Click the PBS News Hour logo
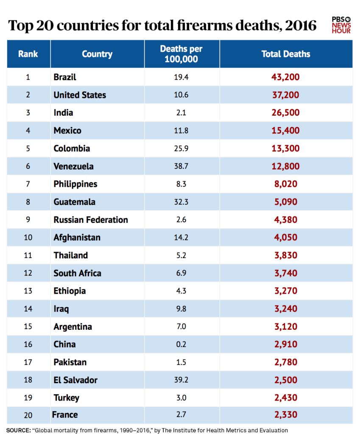click(341, 25)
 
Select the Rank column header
click(28, 54)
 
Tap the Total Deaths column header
click(286, 54)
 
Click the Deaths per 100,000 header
click(181, 54)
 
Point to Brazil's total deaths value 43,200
click(286, 77)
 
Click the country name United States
click(80, 95)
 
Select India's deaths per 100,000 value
click(181, 113)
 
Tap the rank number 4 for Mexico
click(28, 131)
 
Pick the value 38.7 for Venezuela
click(181, 167)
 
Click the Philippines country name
click(75, 184)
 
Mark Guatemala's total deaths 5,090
click(286, 202)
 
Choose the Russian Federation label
click(91, 220)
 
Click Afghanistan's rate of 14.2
click(181, 238)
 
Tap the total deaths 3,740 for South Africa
click(286, 273)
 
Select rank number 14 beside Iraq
click(28, 309)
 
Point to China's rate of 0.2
click(181, 345)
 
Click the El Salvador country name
click(75, 380)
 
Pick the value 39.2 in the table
click(181, 380)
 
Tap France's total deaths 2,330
click(286, 415)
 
